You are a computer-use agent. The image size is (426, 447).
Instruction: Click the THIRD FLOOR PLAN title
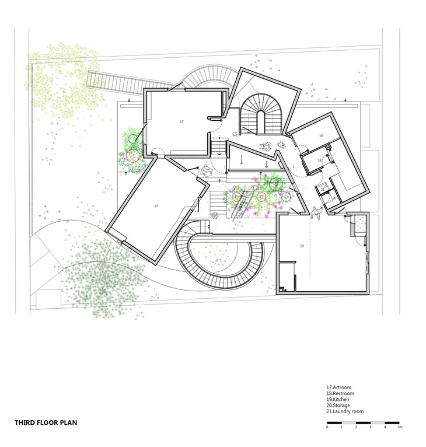click(x=46, y=422)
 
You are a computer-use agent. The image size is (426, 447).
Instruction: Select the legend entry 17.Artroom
click(x=338, y=387)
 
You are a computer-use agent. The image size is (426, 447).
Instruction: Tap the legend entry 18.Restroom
click(x=340, y=393)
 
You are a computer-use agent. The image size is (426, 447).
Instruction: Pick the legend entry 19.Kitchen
click(x=338, y=399)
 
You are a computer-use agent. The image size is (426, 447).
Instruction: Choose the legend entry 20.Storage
click(x=338, y=406)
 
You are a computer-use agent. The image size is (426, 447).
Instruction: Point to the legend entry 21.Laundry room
click(x=345, y=411)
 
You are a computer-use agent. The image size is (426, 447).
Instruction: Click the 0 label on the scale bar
click(x=327, y=427)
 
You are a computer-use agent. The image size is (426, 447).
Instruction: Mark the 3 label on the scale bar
click(x=371, y=427)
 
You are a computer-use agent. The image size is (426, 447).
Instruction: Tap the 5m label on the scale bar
click(x=400, y=427)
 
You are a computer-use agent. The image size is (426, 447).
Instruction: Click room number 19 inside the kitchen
click(x=302, y=246)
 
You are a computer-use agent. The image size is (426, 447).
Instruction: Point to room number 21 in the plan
click(x=323, y=189)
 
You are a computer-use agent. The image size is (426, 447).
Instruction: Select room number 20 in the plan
click(x=334, y=198)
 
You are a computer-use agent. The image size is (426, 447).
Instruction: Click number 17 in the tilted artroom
click(x=156, y=206)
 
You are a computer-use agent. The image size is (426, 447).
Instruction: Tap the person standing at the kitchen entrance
click(x=316, y=212)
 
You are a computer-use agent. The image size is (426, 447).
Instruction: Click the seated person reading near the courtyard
click(x=206, y=171)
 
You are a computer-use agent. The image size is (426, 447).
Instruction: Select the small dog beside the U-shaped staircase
click(x=235, y=134)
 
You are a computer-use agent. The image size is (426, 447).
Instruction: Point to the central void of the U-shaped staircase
click(x=261, y=123)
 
